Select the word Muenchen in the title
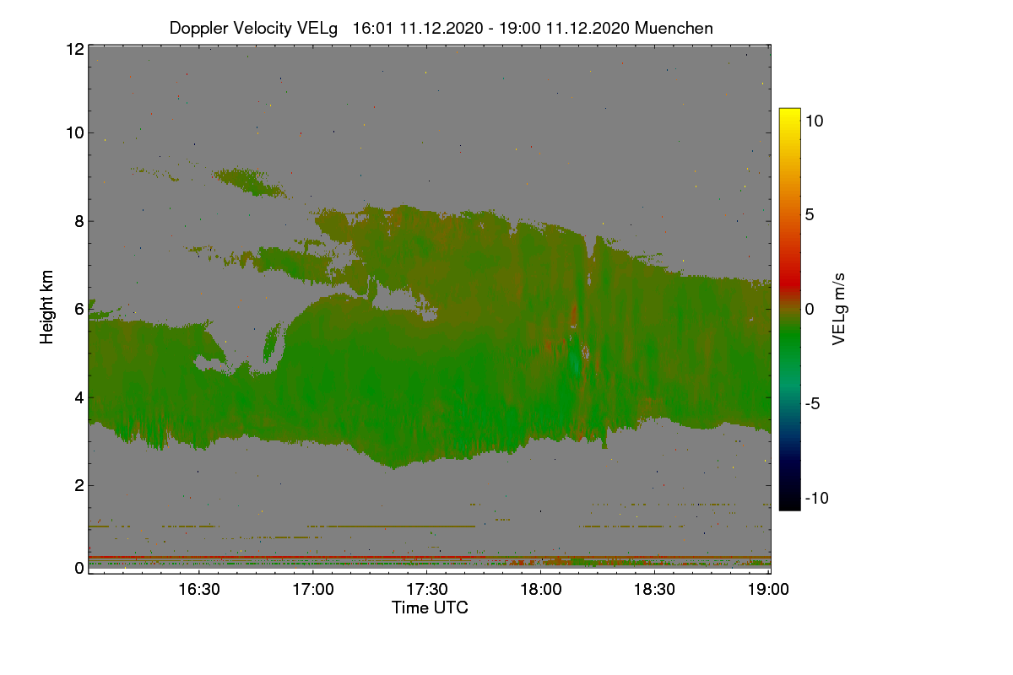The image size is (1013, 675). pyautogui.click(x=674, y=28)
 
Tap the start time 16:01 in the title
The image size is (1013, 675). pyautogui.click(x=372, y=28)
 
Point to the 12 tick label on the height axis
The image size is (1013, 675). pyautogui.click(x=75, y=49)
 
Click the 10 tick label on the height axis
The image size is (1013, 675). pyautogui.click(x=75, y=133)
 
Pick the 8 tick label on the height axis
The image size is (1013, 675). pyautogui.click(x=79, y=221)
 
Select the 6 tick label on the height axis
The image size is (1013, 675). pyautogui.click(x=79, y=310)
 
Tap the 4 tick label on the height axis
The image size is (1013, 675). pyautogui.click(x=79, y=398)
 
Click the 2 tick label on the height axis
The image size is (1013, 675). pyautogui.click(x=79, y=486)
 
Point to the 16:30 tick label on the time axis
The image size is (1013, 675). pyautogui.click(x=199, y=590)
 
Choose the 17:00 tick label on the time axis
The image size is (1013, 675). pyautogui.click(x=313, y=590)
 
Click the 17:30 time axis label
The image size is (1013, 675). pyautogui.click(x=427, y=590)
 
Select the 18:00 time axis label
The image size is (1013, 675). pyautogui.click(x=541, y=590)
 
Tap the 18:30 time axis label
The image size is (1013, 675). pyautogui.click(x=654, y=590)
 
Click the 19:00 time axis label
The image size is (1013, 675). pyautogui.click(x=768, y=590)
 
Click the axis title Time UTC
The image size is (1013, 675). pyautogui.click(x=430, y=608)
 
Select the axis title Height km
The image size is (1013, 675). pyautogui.click(x=46, y=307)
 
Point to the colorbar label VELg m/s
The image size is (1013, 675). pyautogui.click(x=838, y=310)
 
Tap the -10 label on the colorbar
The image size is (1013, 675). pyautogui.click(x=817, y=498)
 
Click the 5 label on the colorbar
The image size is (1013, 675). pyautogui.click(x=810, y=215)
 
